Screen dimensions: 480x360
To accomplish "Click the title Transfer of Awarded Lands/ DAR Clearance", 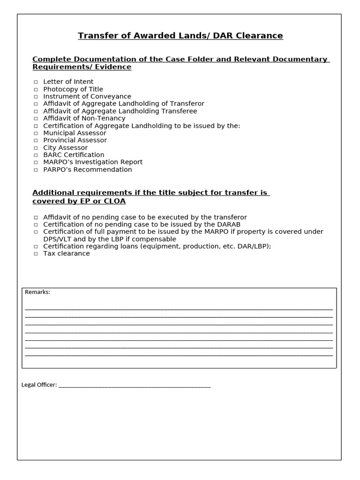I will click(180, 36).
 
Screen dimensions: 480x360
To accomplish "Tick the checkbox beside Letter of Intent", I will click(36, 82).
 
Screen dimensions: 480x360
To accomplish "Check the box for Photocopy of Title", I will click(36, 90).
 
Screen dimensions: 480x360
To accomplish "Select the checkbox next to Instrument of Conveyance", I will click(36, 97).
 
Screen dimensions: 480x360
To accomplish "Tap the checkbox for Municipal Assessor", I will click(36, 133).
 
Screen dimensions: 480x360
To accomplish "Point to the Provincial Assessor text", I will click(75, 140).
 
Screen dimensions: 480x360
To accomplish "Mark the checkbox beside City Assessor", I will click(36, 148).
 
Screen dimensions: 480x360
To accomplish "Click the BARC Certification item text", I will click(74, 155).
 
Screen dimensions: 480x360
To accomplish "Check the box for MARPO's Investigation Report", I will click(36, 162).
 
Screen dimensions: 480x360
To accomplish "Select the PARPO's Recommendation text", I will click(88, 169).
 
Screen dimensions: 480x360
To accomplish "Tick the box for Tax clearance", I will click(36, 254).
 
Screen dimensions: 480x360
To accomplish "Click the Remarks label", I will click(37, 292).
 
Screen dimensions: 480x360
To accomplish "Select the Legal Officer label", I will click(39, 385).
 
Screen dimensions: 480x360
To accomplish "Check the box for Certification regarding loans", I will click(36, 247).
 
